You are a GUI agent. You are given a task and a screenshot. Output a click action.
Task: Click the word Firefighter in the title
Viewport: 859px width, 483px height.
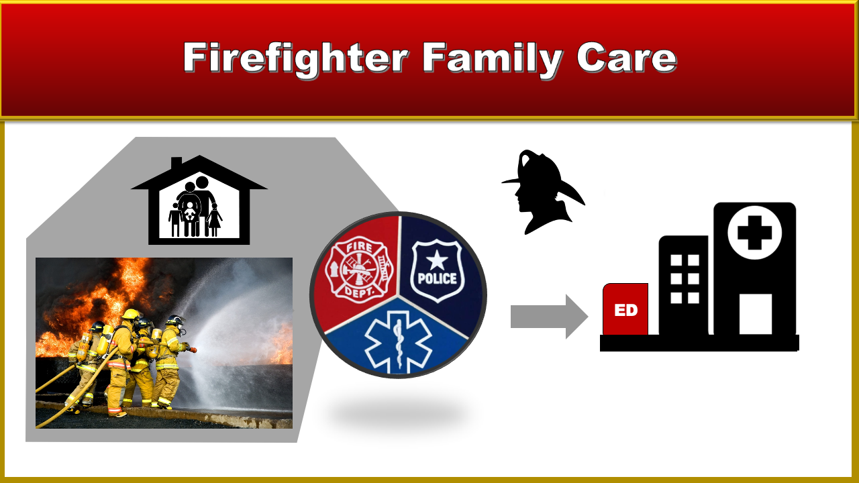[x=295, y=58]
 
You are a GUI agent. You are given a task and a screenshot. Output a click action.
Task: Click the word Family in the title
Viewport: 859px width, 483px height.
[x=493, y=58]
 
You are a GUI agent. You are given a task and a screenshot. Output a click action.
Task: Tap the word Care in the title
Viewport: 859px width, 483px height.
[x=627, y=58]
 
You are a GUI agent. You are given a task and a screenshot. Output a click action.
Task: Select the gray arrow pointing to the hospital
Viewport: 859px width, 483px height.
[x=549, y=317]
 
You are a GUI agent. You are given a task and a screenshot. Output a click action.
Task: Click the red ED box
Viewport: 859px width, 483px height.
[x=625, y=309]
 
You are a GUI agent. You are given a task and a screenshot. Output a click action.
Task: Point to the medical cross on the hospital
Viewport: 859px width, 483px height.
[x=755, y=233]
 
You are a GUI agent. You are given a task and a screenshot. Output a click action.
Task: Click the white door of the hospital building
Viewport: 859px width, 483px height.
[x=756, y=314]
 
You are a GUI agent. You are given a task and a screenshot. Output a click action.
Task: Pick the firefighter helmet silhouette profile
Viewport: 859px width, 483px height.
[x=543, y=192]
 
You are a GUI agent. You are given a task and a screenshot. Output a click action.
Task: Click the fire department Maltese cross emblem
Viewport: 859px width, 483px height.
[x=359, y=270]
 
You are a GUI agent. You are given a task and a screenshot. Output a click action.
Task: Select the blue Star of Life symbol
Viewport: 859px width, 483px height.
[x=398, y=342]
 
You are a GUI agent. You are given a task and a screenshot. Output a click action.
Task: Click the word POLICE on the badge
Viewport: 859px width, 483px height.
[x=437, y=278]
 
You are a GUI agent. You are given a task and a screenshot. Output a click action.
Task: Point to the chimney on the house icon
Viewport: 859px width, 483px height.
[x=176, y=164]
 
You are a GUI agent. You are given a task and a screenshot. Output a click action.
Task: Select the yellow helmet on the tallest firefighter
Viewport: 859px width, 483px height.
[x=131, y=315]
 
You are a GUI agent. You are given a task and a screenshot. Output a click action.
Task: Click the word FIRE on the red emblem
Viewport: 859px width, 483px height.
[x=359, y=248]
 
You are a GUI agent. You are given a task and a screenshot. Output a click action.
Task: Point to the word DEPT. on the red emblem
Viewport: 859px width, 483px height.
[x=359, y=292]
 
